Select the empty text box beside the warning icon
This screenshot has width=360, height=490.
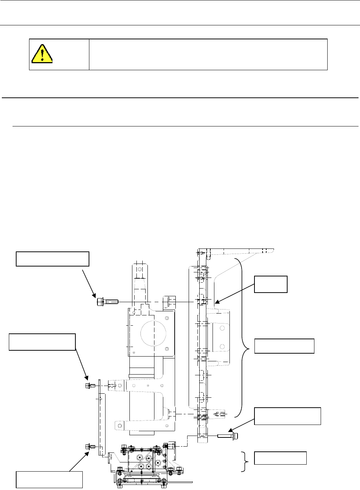click(x=208, y=54)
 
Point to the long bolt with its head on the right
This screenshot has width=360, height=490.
click(x=228, y=436)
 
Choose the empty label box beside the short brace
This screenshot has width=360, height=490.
click(x=280, y=458)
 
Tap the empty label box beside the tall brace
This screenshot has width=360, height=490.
click(x=284, y=346)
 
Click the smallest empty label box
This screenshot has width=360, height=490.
click(x=270, y=284)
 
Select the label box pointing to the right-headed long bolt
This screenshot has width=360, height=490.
click(x=288, y=416)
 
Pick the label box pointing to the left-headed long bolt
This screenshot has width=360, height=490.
click(x=53, y=259)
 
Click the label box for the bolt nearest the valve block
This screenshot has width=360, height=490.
click(x=49, y=479)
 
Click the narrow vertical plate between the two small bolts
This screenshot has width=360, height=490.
click(x=102, y=423)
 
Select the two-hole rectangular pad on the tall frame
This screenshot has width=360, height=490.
click(x=221, y=337)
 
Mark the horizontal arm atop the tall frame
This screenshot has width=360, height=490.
click(x=239, y=252)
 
